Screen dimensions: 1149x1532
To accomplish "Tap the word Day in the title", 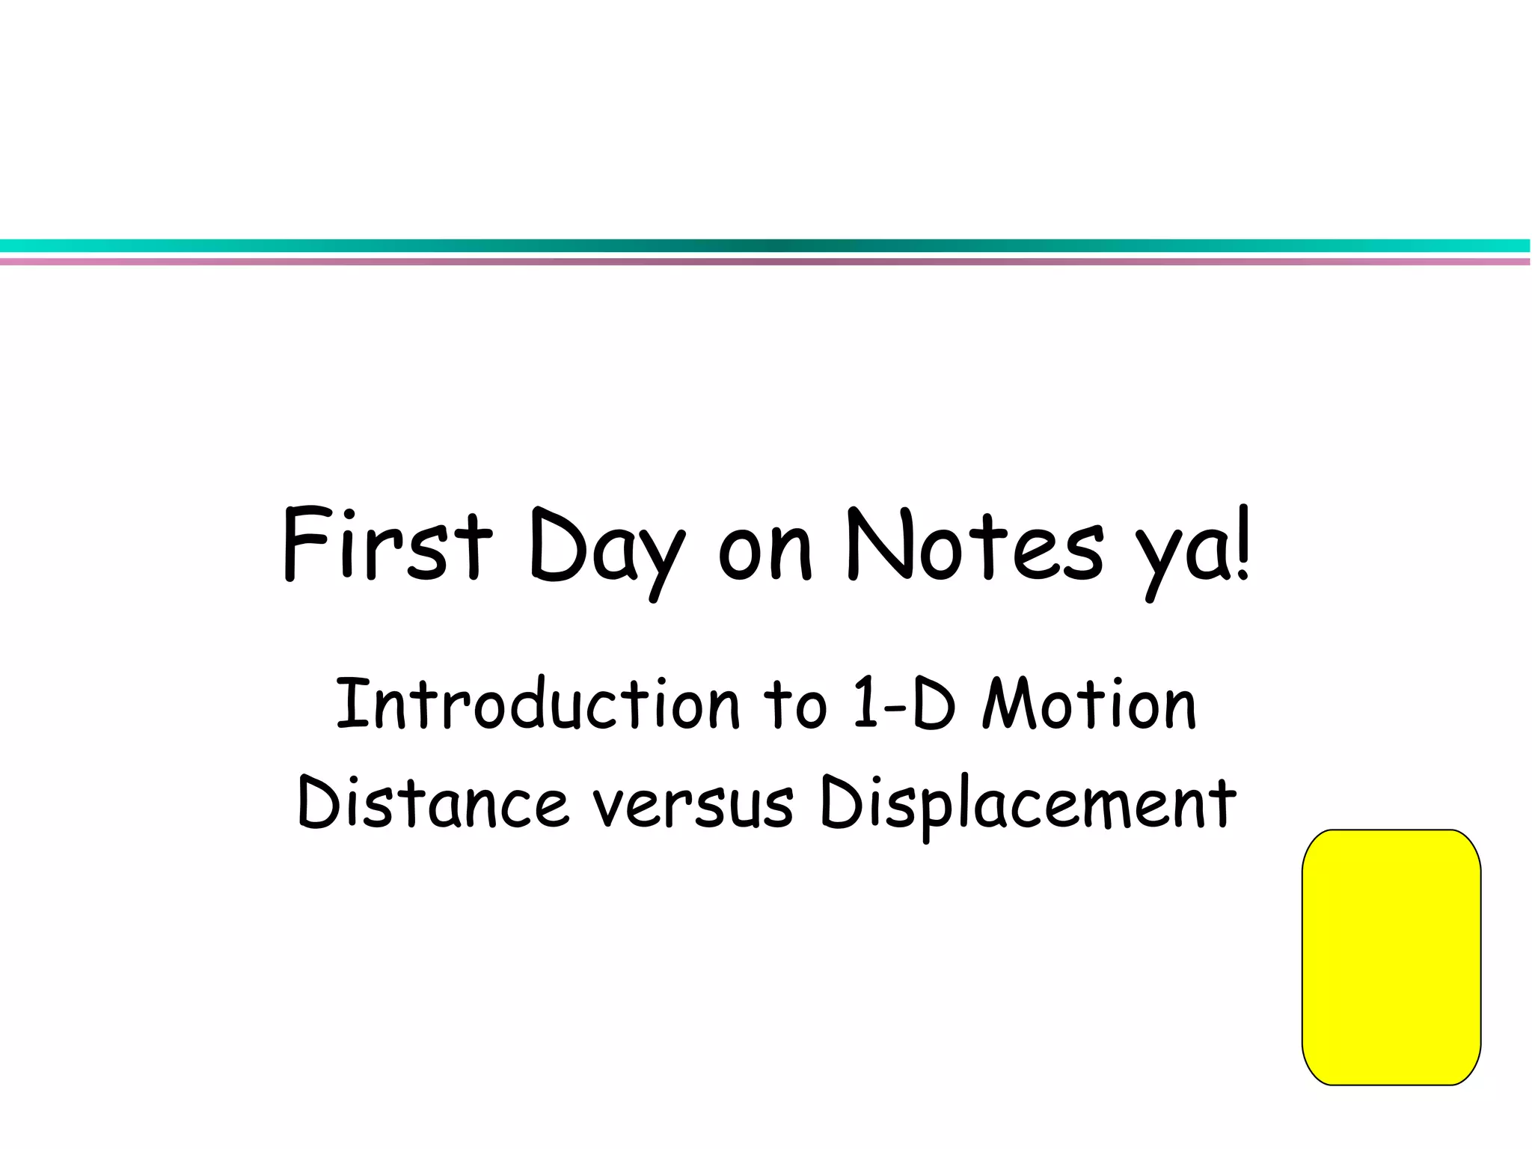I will click(606, 550).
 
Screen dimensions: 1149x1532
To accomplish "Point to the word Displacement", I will click(1028, 804).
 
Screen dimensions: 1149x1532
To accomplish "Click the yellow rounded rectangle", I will click(1391, 957).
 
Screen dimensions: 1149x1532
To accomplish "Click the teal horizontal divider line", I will click(766, 246).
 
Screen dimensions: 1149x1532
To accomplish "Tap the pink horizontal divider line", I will click(766, 262).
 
